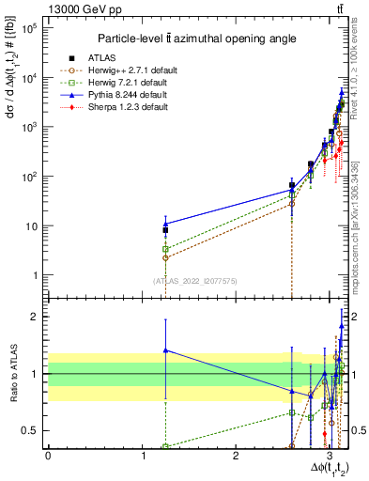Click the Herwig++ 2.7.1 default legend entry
click(x=143, y=70)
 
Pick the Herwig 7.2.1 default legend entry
click(x=141, y=83)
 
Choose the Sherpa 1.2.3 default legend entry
click(x=138, y=107)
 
